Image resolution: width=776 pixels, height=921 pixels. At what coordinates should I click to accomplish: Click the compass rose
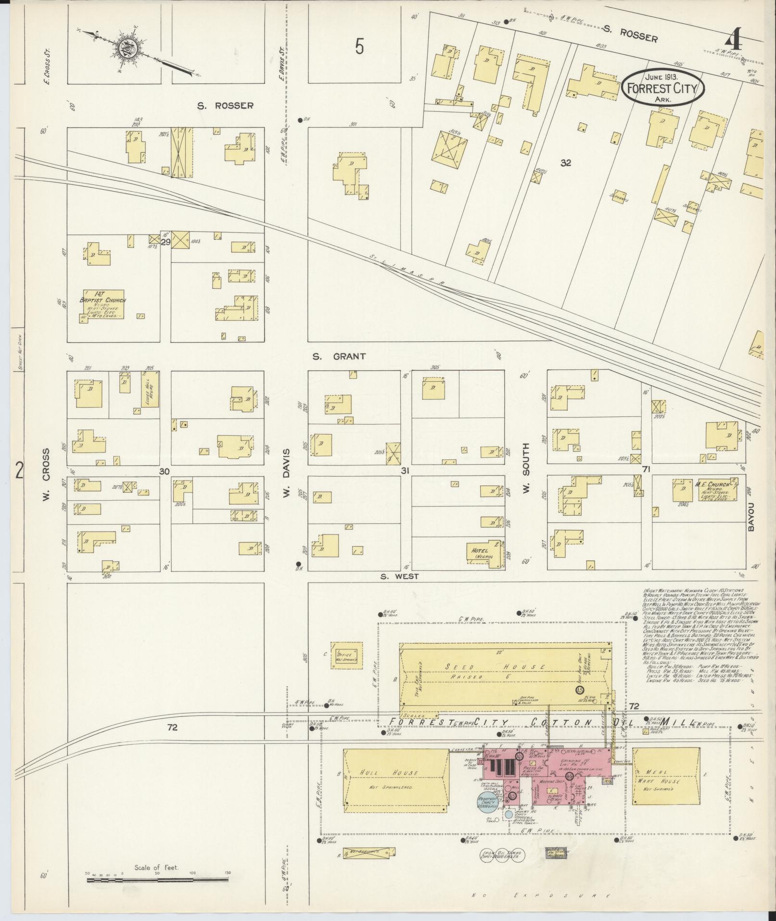pos(127,49)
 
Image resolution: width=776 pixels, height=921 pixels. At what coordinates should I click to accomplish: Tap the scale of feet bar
pos(157,880)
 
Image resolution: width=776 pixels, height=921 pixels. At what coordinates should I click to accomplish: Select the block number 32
pos(565,163)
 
